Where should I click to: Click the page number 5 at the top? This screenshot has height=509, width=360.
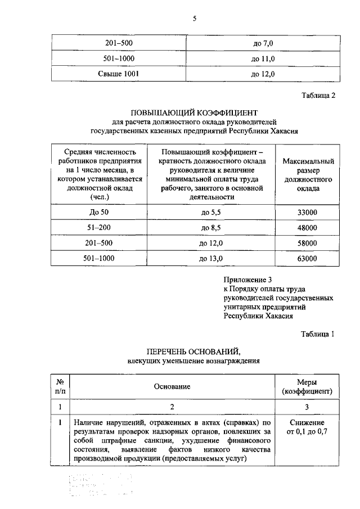195,19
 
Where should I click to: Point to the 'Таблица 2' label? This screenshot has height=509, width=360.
318,95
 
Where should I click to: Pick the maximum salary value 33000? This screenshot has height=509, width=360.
308,213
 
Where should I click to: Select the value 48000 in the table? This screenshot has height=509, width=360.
308,228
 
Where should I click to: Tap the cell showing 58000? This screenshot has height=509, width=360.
308,243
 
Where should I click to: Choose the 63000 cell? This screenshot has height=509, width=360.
308,258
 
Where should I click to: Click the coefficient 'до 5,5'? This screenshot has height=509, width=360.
211,213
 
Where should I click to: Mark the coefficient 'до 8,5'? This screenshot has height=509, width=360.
211,228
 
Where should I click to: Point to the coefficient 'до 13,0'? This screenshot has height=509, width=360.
211,258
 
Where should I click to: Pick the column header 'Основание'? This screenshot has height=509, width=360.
173,386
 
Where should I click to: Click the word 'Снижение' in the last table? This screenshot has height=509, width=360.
307,422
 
